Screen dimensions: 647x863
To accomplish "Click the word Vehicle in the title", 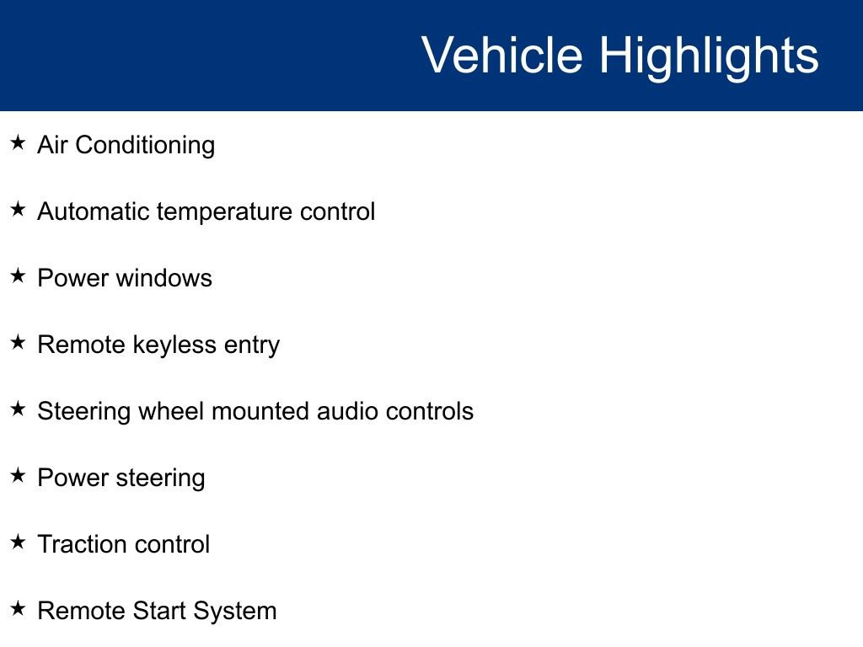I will click(501, 56).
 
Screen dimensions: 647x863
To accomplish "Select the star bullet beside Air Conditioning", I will click(18, 143).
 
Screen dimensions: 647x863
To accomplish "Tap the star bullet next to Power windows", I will click(18, 276).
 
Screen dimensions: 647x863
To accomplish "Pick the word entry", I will click(252, 345).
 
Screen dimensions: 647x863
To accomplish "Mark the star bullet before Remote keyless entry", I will click(18, 343).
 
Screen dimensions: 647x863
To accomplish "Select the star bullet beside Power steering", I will click(18, 476).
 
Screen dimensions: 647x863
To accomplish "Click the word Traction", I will click(78, 544).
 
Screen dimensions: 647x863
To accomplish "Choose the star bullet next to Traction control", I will click(18, 543).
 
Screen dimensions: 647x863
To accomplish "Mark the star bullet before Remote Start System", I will click(18, 609).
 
